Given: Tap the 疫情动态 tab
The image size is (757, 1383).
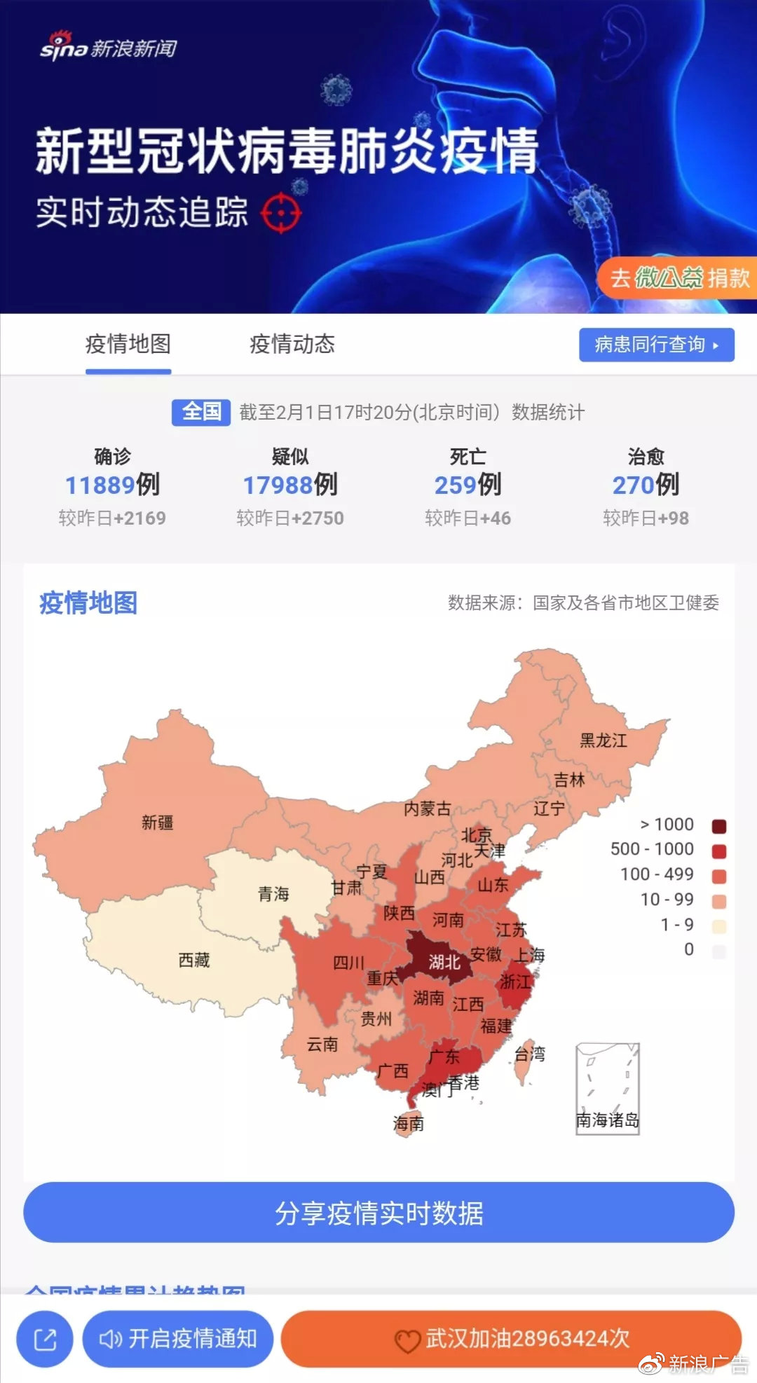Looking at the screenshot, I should click(292, 344).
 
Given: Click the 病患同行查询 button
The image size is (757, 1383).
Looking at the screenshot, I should click(656, 345).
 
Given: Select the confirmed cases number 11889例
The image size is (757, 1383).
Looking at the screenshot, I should click(112, 485).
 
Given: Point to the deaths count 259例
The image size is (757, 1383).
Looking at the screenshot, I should click(468, 485).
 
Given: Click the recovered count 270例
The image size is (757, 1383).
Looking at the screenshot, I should click(646, 485).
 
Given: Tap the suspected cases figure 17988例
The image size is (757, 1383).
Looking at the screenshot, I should click(290, 485).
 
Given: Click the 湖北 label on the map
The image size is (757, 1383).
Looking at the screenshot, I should click(444, 962).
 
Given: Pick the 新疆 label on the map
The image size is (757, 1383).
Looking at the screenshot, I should click(157, 823).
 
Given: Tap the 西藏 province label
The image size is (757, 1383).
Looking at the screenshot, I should click(194, 960).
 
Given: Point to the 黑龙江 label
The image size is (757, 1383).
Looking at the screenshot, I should click(603, 741).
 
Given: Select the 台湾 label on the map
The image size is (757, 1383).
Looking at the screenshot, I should click(530, 1054).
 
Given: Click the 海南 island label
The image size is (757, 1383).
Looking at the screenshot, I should click(408, 1124).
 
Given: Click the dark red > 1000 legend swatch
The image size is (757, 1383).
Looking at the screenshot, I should click(718, 826).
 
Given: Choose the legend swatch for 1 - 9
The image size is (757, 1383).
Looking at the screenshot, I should click(718, 926).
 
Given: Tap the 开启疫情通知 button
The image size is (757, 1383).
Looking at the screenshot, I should click(178, 1339).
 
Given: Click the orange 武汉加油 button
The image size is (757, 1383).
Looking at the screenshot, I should click(511, 1339).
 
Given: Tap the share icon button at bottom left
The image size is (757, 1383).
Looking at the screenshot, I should click(46, 1339).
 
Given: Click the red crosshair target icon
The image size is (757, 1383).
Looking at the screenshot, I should click(281, 212).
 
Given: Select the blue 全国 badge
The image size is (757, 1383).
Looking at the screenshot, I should click(201, 412).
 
